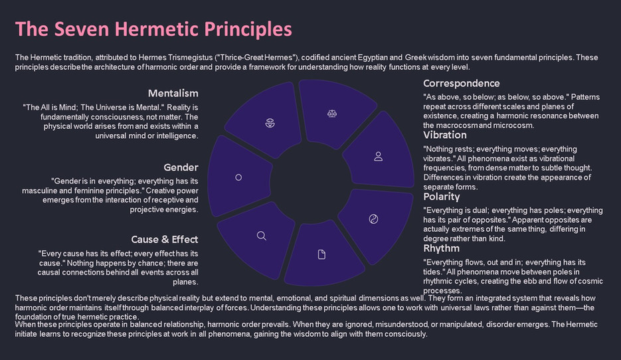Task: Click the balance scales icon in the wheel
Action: tap(332, 114)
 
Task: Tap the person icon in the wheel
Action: tap(378, 157)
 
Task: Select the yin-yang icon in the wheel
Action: tap(373, 219)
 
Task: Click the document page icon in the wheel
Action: tap(321, 254)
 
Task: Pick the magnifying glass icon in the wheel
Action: tap(261, 235)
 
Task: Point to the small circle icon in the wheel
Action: tap(238, 177)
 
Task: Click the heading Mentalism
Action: tap(173, 93)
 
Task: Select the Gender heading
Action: tap(181, 167)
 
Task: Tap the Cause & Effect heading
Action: tap(165, 239)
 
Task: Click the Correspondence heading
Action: tap(461, 83)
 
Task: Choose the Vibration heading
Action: tap(445, 135)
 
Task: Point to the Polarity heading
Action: tap(442, 196)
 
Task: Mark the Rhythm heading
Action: tap(442, 248)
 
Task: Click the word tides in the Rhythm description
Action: tap(434, 272)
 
